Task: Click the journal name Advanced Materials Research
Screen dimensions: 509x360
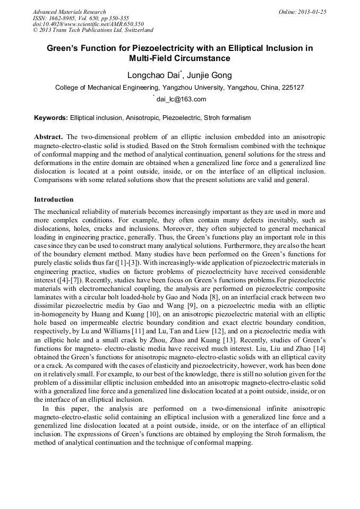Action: point(70,12)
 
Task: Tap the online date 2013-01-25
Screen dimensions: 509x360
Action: point(312,12)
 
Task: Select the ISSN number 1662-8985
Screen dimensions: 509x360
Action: point(68,18)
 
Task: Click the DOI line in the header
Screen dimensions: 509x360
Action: point(88,24)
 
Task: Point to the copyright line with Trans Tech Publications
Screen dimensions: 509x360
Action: point(93,31)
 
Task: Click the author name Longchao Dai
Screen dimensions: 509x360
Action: point(149,75)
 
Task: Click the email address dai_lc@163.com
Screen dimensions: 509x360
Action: point(181,99)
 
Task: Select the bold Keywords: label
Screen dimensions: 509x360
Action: point(51,117)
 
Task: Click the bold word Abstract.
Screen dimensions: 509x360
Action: point(48,136)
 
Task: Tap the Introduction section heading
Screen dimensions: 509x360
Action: point(54,200)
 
